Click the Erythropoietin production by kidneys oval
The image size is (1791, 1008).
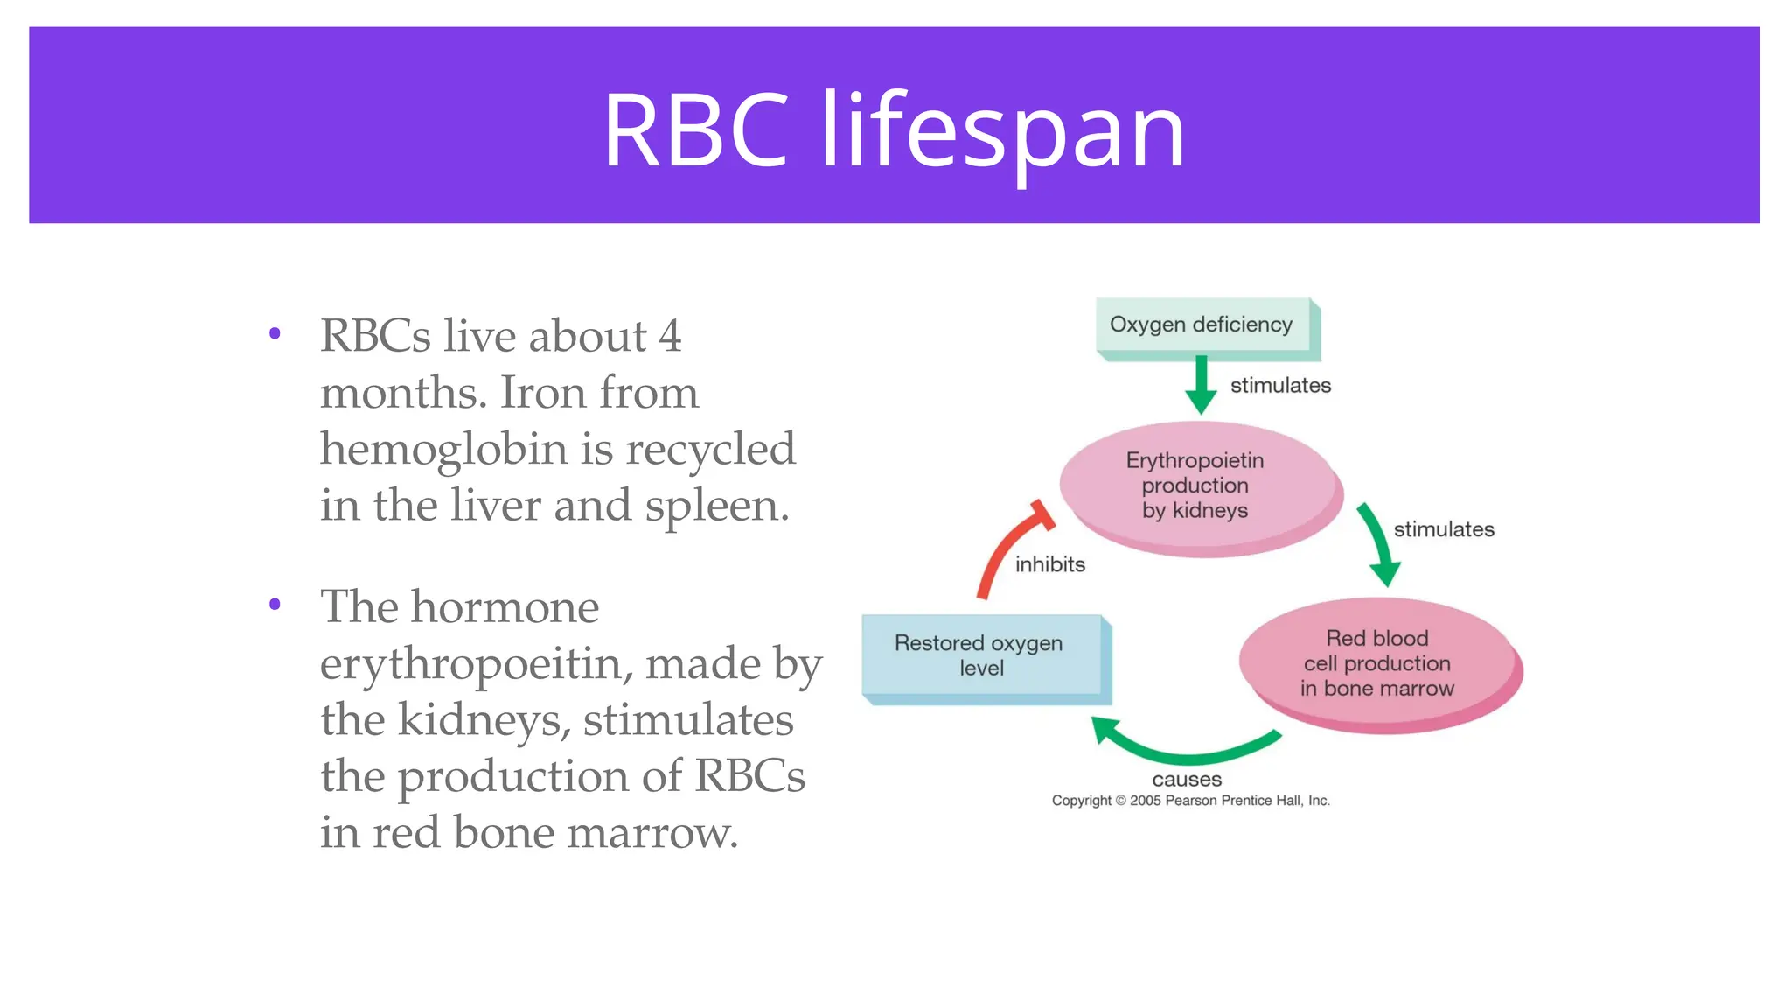[x=1198, y=486]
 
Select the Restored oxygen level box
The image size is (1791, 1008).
[x=981, y=656]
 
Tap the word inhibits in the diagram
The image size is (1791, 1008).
[x=1050, y=564]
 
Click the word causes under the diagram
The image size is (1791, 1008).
[x=1187, y=779]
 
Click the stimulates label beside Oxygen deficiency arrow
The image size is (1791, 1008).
[x=1280, y=385]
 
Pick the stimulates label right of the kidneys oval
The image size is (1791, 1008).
[x=1444, y=529]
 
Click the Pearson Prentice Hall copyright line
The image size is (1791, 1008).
[x=1190, y=800]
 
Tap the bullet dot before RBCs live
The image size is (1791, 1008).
[x=275, y=333]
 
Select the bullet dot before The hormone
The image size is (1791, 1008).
[x=275, y=604]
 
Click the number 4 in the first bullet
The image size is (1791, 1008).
[x=670, y=336]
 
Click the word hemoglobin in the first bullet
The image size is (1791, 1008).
[x=443, y=449]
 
